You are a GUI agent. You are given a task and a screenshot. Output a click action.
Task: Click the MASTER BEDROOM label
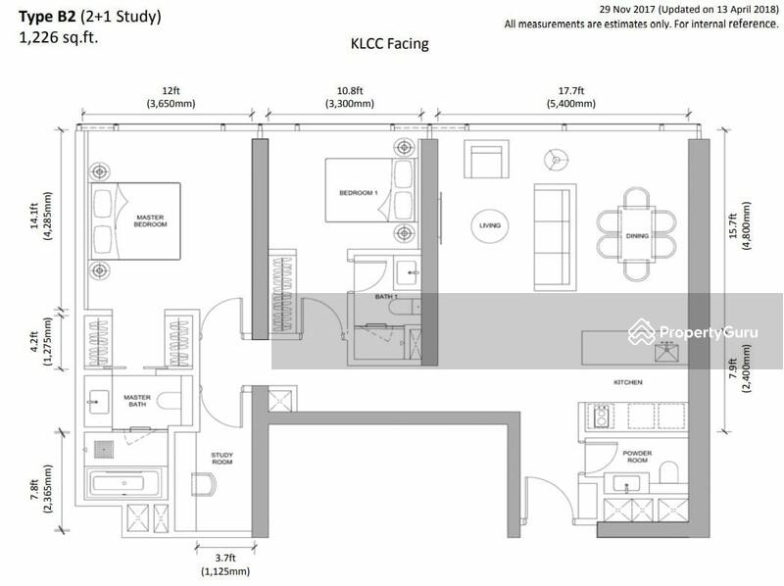coord(150,221)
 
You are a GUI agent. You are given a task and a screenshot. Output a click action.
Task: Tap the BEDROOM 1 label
coord(359,192)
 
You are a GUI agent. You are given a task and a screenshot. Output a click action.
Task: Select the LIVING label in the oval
coord(490,225)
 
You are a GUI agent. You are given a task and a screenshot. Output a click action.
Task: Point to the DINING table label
coord(637,235)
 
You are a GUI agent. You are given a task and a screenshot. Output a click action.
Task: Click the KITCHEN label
coord(628,382)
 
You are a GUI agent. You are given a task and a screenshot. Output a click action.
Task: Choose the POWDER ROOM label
coord(637,457)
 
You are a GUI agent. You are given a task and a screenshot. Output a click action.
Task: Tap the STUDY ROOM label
coord(222,459)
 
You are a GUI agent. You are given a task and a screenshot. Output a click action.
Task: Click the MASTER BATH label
coord(137,401)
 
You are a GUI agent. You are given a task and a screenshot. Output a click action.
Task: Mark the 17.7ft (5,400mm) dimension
coord(571,97)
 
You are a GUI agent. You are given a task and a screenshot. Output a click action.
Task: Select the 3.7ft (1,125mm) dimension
coord(225,564)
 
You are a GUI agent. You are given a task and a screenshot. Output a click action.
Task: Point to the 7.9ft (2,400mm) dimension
coord(739,368)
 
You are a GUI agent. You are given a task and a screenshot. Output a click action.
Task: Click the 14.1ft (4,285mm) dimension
coord(40,216)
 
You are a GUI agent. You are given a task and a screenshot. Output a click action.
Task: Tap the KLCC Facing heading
coord(389,44)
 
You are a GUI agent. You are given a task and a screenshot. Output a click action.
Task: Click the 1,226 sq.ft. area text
coord(59,37)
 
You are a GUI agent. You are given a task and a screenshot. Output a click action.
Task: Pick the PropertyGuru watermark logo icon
coord(642,331)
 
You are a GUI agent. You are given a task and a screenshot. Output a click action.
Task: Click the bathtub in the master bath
coord(124,483)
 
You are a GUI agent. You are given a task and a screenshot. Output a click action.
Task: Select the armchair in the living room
coord(486,159)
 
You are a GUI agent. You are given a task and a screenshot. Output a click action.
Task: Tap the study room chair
coord(204,484)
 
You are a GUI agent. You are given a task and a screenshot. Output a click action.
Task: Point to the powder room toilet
coord(669,472)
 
